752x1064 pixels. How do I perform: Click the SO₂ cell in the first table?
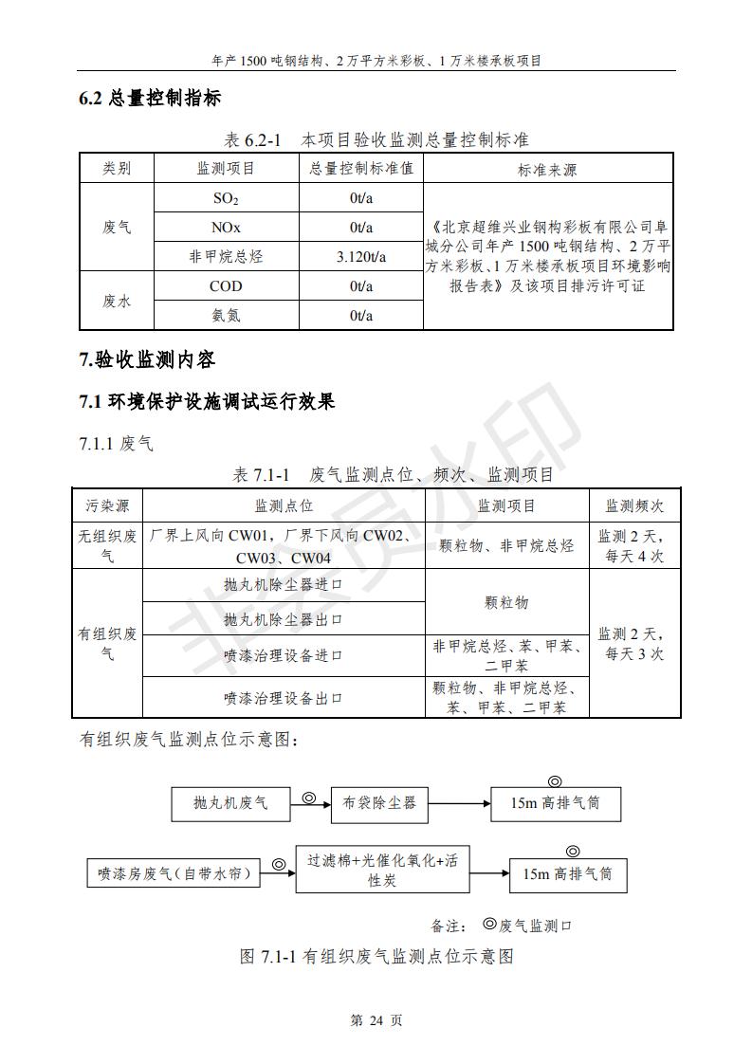tap(226, 199)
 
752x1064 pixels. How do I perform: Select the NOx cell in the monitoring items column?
tap(226, 228)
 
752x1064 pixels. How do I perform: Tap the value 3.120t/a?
tap(360, 256)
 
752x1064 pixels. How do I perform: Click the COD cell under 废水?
tap(226, 286)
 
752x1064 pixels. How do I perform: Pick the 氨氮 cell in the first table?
tap(226, 315)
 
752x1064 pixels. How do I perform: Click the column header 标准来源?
tap(547, 170)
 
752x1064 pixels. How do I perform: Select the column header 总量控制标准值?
tap(360, 170)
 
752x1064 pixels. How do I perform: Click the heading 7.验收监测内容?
tap(147, 360)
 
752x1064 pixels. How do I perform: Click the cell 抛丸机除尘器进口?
tap(283, 585)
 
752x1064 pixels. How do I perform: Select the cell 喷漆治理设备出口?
tap(283, 699)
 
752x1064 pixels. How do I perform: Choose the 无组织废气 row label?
tap(107, 545)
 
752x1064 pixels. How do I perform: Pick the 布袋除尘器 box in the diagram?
tap(379, 803)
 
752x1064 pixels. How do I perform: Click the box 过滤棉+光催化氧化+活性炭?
tap(382, 871)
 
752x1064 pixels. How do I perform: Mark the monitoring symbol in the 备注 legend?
tap(489, 925)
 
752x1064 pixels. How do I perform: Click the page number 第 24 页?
tap(376, 1020)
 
